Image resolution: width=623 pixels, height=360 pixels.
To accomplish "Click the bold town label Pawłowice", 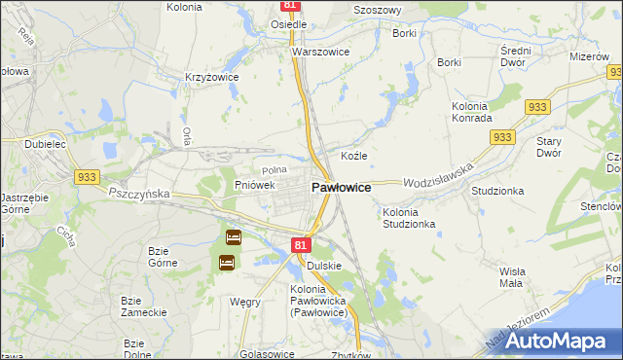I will (x=340, y=187).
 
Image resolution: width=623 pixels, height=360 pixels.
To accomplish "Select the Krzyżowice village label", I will (x=212, y=75).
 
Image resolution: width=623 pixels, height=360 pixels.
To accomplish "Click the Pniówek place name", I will (x=255, y=184).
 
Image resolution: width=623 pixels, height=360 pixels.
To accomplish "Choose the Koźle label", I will (x=353, y=156).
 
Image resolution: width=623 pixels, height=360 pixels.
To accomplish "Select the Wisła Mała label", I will (x=511, y=276).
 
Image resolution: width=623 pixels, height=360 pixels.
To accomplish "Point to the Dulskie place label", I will (x=323, y=265).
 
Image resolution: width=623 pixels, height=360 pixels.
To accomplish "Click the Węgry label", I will (x=244, y=302).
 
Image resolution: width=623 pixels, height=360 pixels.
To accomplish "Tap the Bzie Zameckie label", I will (x=133, y=306).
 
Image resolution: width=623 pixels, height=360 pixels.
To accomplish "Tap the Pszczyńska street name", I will (x=139, y=194).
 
